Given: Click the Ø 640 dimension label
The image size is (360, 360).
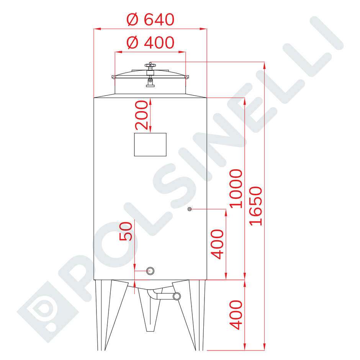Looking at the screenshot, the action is (151, 20).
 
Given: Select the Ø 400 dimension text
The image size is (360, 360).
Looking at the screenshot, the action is (151, 43).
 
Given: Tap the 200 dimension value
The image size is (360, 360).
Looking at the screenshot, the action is (141, 115).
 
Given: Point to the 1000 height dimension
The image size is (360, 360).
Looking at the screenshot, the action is (236, 189).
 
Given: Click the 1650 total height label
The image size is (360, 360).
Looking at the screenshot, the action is (255, 206).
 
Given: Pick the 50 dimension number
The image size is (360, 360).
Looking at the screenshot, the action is (126, 231).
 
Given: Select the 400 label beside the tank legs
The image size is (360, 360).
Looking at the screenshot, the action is (236, 315).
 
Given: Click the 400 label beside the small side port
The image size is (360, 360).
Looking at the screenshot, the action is (217, 244).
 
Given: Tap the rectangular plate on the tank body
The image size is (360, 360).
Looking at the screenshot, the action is (150, 144).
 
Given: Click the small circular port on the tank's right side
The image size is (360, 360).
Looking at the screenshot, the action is (190, 209).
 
